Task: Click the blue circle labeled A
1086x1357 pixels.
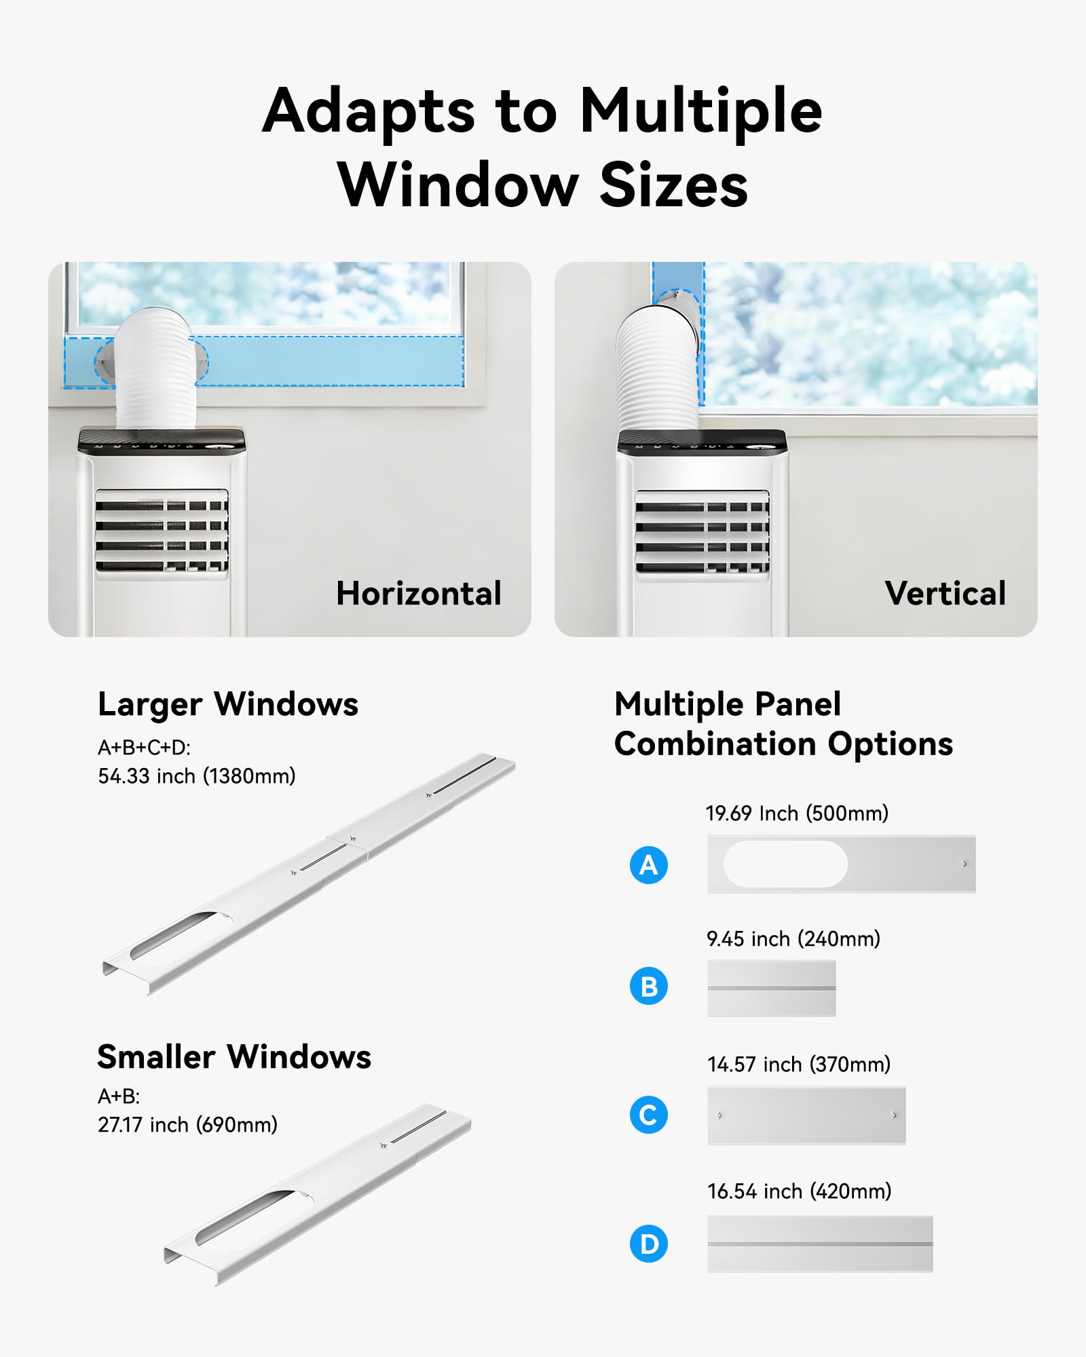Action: point(649,865)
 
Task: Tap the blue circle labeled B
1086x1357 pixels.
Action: point(649,986)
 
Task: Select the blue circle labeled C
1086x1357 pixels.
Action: point(649,1115)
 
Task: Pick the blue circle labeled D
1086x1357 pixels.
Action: point(649,1244)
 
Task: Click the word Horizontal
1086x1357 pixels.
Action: point(419,594)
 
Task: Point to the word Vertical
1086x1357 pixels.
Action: point(945,594)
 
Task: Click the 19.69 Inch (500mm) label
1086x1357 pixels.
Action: point(797,814)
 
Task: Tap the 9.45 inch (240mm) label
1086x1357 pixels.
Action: point(793,939)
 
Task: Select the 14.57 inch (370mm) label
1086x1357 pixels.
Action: point(799,1065)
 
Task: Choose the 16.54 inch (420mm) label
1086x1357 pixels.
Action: point(800,1191)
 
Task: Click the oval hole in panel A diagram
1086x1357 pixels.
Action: point(785,864)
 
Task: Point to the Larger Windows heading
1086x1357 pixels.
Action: point(228,704)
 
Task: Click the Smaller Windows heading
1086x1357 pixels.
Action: point(234,1057)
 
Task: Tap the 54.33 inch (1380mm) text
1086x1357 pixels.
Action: point(197,776)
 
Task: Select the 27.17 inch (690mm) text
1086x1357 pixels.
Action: point(188,1125)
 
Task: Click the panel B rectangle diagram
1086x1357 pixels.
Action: point(772,988)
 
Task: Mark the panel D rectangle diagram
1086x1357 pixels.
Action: point(820,1244)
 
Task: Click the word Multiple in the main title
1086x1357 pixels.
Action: point(701,111)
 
